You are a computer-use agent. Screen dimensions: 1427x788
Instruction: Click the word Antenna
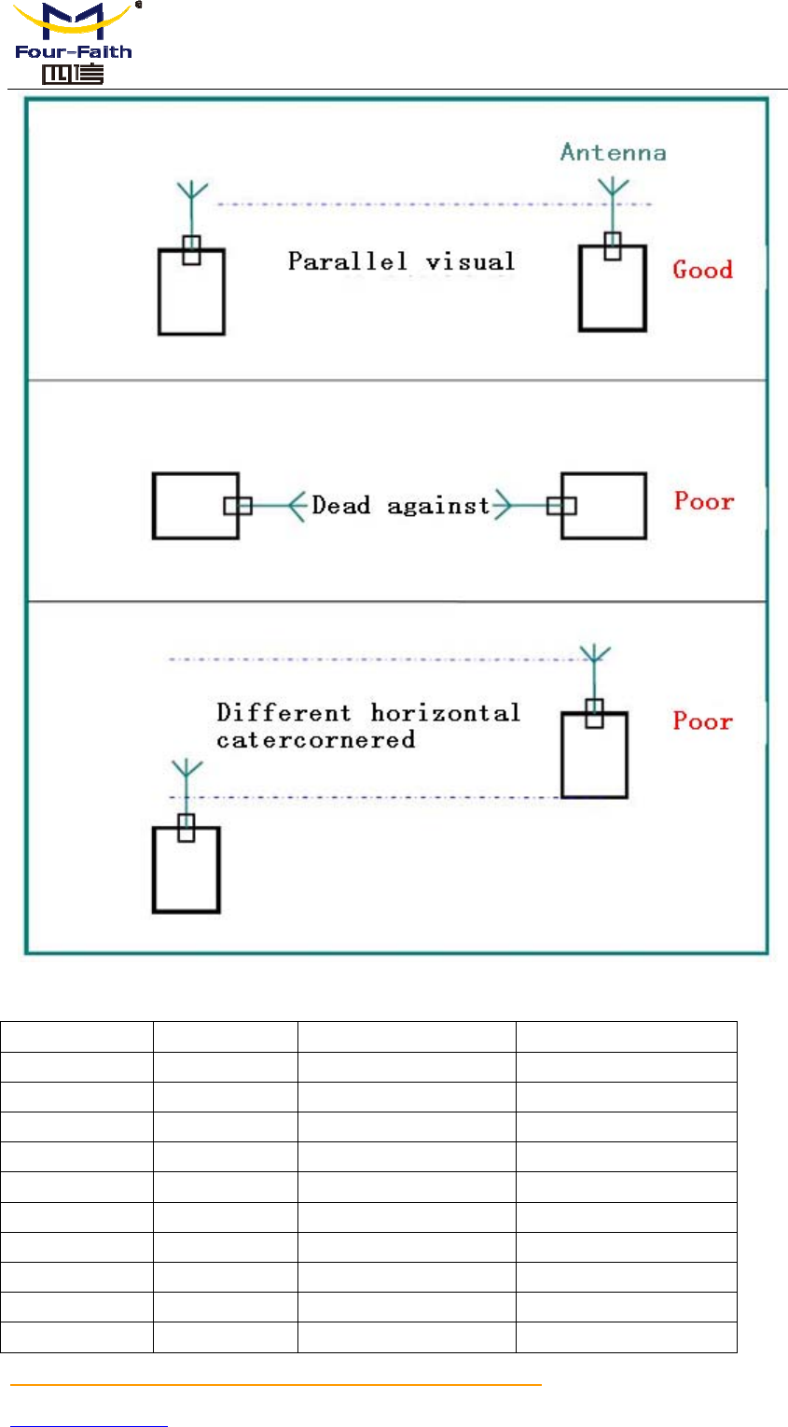point(613,152)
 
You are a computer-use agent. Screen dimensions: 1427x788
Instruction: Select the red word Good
point(703,270)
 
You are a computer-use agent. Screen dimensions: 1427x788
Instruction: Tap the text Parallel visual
point(401,260)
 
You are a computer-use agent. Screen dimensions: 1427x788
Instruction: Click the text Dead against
point(401,506)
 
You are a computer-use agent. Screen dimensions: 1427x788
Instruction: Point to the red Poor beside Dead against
point(704,501)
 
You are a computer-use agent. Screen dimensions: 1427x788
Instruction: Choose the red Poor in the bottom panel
point(703,721)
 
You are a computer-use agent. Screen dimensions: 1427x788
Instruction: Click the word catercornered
point(315,740)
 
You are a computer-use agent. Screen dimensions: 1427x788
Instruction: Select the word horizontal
point(445,713)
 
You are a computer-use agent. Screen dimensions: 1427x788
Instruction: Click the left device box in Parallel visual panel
point(191,291)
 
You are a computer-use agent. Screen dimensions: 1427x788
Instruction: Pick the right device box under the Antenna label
point(612,288)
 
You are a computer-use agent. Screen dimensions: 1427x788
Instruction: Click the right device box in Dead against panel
point(603,506)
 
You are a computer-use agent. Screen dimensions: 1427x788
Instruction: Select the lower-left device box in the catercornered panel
point(186,870)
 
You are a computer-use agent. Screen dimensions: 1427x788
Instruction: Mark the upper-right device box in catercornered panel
point(594,754)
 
